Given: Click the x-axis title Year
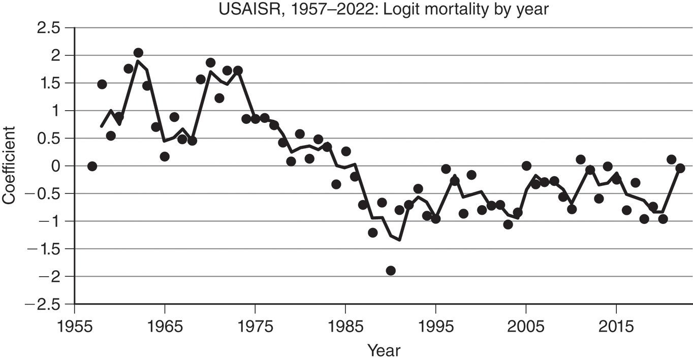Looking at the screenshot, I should (x=384, y=350).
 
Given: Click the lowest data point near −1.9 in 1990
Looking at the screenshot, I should (x=391, y=271).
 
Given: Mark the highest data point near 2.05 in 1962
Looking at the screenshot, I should (x=138, y=53).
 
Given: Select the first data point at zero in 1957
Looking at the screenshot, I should (x=92, y=166).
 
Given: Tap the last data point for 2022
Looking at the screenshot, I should (x=680, y=168).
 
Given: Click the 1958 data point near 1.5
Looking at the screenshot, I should (x=102, y=84).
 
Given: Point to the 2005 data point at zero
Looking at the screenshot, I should (x=526, y=166).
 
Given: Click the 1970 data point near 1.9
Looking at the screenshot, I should (x=210, y=63).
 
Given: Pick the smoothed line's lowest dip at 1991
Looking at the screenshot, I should (x=400, y=240).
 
